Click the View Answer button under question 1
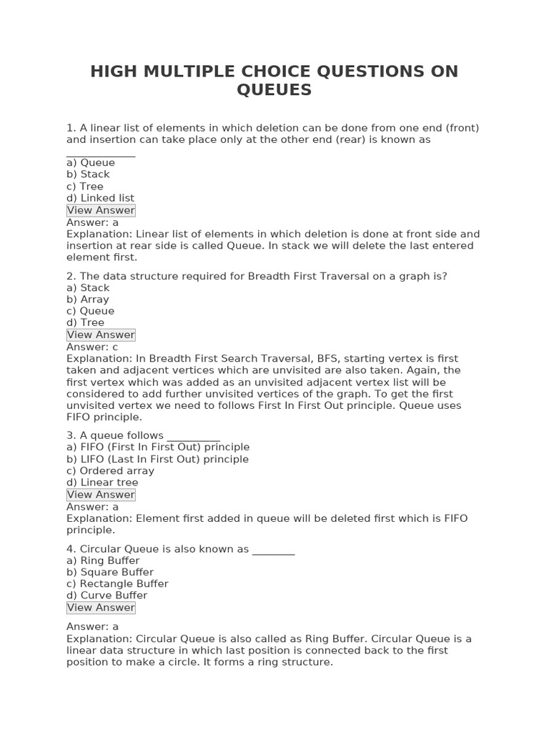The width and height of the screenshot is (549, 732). pos(101,210)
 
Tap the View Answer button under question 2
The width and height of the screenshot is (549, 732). pos(101,335)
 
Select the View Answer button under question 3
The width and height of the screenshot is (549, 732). pos(101,495)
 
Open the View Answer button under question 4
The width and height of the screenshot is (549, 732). pos(101,608)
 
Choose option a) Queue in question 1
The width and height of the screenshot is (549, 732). pos(91,162)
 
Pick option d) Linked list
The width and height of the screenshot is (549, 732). pos(100,198)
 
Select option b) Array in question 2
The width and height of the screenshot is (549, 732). pos(88,300)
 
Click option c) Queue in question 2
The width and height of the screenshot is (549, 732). pos(90,311)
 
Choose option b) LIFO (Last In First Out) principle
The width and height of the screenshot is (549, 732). pos(157,459)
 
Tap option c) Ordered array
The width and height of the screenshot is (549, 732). pos(110,471)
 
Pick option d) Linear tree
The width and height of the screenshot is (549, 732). pos(102,483)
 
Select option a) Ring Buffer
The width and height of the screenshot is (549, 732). pos(103,560)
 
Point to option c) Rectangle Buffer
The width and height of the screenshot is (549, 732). pos(117,583)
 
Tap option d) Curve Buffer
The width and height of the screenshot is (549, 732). pos(107,595)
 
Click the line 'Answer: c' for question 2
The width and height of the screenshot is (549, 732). pos(92,347)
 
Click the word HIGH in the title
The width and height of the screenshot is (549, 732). pos(115,72)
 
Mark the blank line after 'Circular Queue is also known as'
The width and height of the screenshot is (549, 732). pos(273,551)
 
